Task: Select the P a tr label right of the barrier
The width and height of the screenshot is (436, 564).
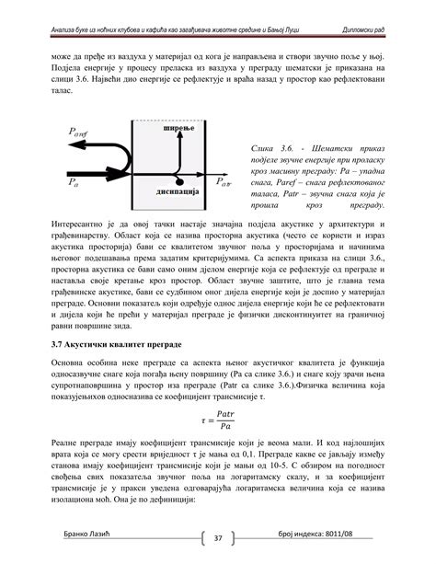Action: [224, 183]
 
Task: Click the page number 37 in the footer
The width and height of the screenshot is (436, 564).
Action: [219, 537]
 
